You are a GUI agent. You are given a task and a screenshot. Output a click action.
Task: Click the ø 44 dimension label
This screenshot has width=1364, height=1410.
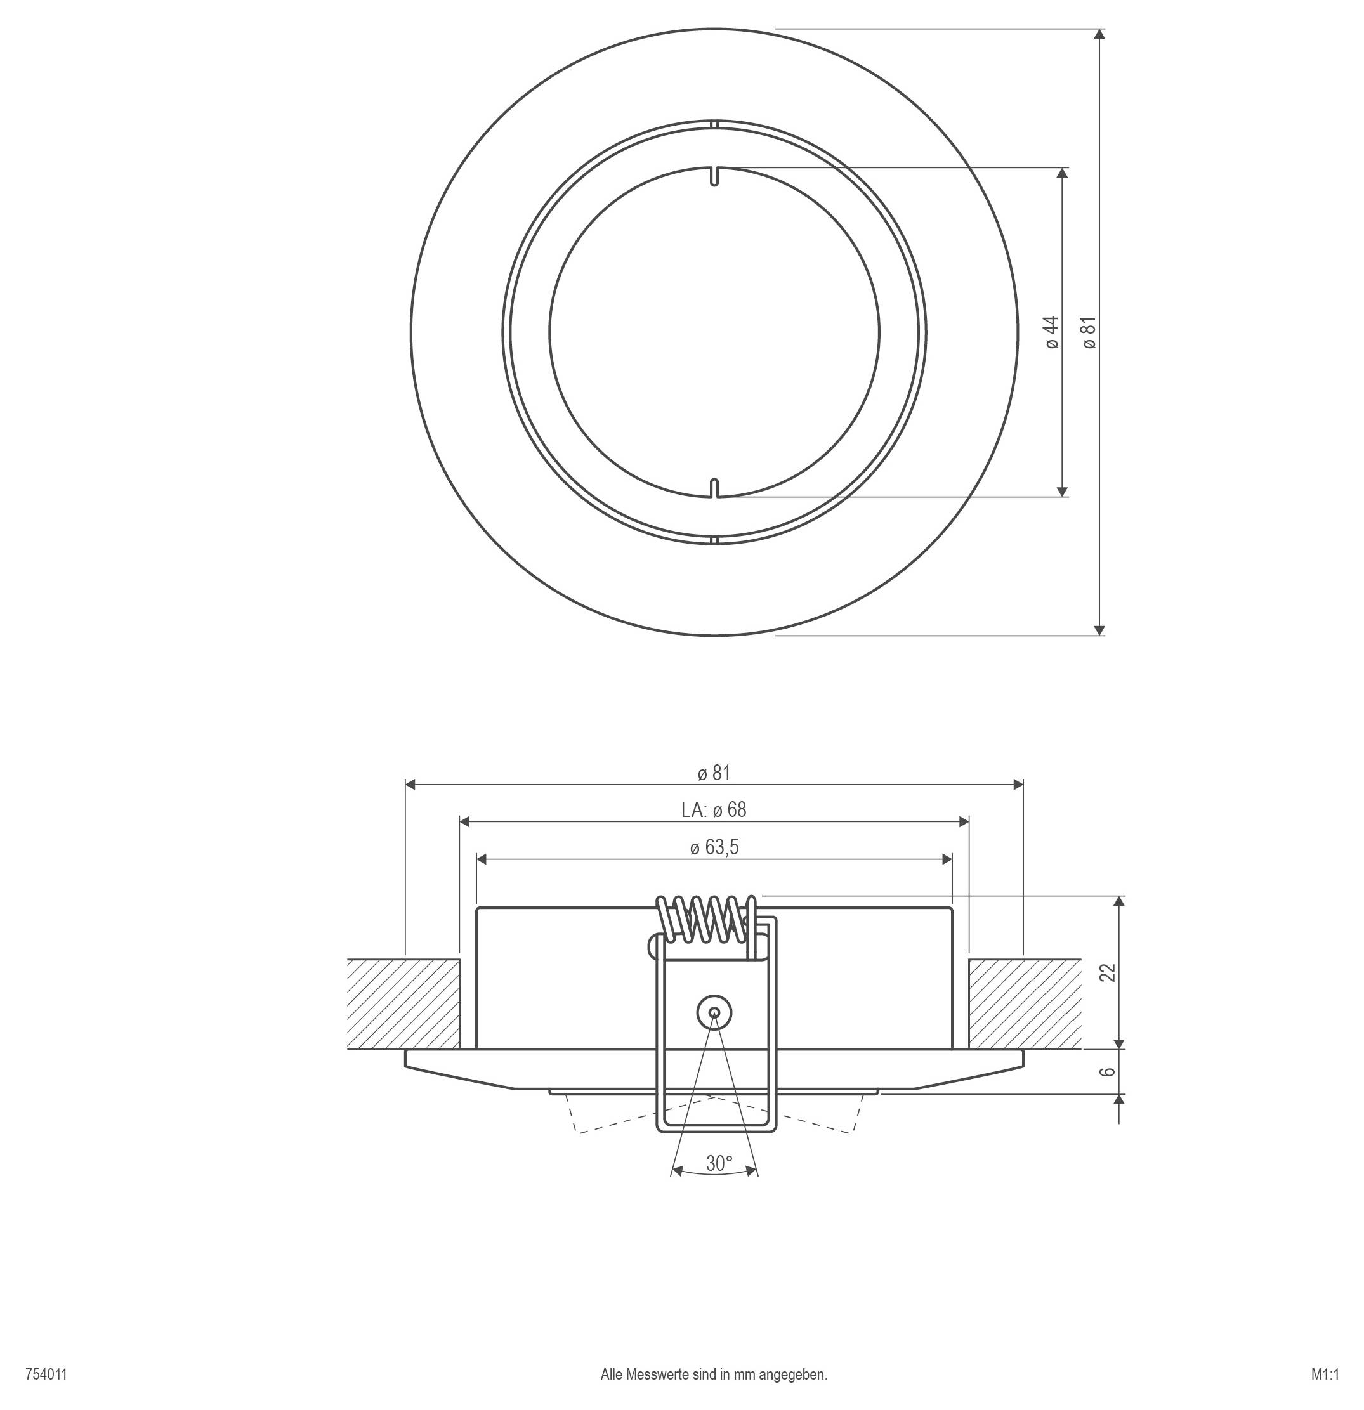1052,332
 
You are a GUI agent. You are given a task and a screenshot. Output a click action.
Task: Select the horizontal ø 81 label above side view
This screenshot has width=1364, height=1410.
714,773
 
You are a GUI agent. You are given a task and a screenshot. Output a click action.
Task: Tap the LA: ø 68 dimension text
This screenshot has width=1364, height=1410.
714,810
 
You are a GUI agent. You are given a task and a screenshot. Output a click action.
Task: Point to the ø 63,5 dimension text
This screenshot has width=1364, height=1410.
714,847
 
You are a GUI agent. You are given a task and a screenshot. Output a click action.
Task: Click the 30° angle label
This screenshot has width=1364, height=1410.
718,1163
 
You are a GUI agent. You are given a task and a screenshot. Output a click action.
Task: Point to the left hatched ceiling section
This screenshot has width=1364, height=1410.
403,1003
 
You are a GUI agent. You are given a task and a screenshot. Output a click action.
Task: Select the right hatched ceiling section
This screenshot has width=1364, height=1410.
1025,1003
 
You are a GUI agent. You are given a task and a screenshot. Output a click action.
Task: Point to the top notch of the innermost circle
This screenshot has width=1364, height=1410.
714,176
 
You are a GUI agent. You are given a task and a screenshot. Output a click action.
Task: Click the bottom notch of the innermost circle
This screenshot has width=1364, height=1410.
714,488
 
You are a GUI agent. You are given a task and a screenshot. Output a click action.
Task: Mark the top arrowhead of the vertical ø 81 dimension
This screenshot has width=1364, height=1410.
1099,34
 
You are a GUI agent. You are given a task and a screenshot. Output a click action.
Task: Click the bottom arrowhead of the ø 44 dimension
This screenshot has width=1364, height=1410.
1062,491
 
